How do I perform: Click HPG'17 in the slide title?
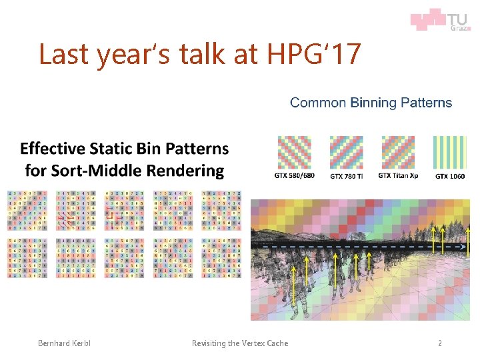click(x=319, y=54)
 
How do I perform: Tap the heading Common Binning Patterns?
click(x=371, y=103)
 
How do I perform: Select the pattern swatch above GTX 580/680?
click(x=293, y=152)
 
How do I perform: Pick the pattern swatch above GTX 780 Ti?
click(x=346, y=152)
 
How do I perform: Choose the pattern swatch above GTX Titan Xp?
click(x=398, y=152)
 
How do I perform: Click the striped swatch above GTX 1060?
click(x=451, y=152)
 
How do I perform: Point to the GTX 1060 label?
click(x=451, y=176)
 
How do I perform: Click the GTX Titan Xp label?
click(x=398, y=176)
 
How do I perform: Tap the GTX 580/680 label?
click(x=293, y=176)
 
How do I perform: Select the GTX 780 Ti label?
click(x=346, y=176)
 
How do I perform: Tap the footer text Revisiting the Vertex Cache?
click(x=240, y=343)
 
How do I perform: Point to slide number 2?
click(x=439, y=343)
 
